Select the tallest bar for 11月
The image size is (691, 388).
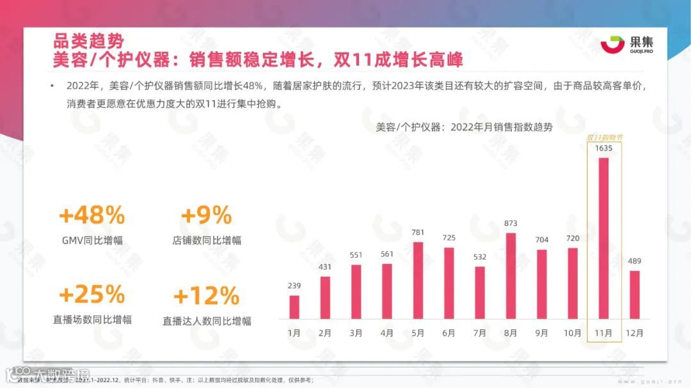tap(603, 238)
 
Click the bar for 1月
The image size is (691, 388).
tap(294, 307)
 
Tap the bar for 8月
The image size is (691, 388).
tap(511, 275)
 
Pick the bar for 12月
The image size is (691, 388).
tap(635, 295)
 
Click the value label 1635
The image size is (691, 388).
tap(603, 149)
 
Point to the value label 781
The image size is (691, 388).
tap(418, 233)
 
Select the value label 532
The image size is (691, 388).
tap(479, 257)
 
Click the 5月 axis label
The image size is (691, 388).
tap(418, 332)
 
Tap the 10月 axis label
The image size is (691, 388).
tap(572, 332)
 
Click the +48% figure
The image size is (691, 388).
tap(91, 216)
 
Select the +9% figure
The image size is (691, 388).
tap(206, 216)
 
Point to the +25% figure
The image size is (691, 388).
tap(91, 295)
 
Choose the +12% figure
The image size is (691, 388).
tap(206, 297)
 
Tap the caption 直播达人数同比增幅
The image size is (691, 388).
tap(206, 321)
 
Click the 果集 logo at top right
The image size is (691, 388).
tap(626, 45)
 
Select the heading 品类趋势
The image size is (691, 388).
tap(88, 42)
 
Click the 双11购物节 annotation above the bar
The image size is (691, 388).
tap(605, 137)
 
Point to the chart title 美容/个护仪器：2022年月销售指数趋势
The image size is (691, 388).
tap(465, 127)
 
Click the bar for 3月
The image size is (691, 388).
tap(356, 291)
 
